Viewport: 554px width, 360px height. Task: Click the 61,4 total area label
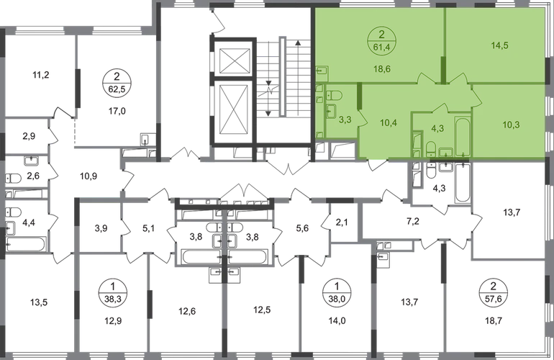coord(381,47)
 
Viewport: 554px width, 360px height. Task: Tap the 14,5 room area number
coord(499,45)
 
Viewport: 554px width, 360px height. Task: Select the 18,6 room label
coord(382,68)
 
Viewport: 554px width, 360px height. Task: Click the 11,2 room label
coord(40,75)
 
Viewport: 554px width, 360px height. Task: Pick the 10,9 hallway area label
coord(88,176)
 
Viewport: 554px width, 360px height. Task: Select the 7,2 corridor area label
coord(413,221)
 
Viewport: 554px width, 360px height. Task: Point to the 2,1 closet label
coord(342,222)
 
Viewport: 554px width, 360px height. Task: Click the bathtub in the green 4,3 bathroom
coord(463,136)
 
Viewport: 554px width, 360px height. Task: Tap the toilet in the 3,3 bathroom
coord(333,96)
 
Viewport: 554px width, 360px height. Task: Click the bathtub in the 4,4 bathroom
coord(26,244)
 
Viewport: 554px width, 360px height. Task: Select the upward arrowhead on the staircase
coord(298,42)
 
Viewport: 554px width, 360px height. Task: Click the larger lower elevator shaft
coord(235,112)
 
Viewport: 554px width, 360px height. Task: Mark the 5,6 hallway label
coord(302,228)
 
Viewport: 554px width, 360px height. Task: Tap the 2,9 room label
coord(29,136)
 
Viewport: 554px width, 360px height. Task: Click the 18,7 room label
coord(494,320)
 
